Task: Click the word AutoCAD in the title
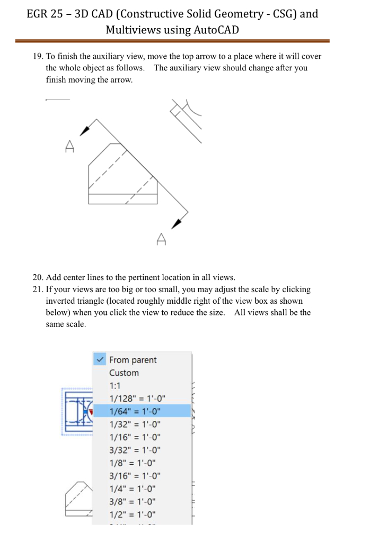pyautogui.click(x=217, y=30)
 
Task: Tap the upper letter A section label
pyautogui.click(x=69, y=147)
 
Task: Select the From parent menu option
pyautogui.click(x=133, y=360)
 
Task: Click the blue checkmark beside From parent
pyautogui.click(x=100, y=359)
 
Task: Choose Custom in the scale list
pyautogui.click(x=124, y=373)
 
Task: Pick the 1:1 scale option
pyautogui.click(x=115, y=386)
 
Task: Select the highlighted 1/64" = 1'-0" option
pyautogui.click(x=134, y=411)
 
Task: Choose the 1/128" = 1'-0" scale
pyautogui.click(x=136, y=399)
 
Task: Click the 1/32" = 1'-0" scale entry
pyautogui.click(x=134, y=424)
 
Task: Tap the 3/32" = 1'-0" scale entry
pyautogui.click(x=134, y=450)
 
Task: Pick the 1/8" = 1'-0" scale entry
pyautogui.click(x=132, y=463)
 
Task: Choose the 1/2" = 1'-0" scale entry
pyautogui.click(x=132, y=514)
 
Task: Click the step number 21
pyautogui.click(x=38, y=290)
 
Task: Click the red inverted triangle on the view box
pyautogui.click(x=91, y=411)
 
